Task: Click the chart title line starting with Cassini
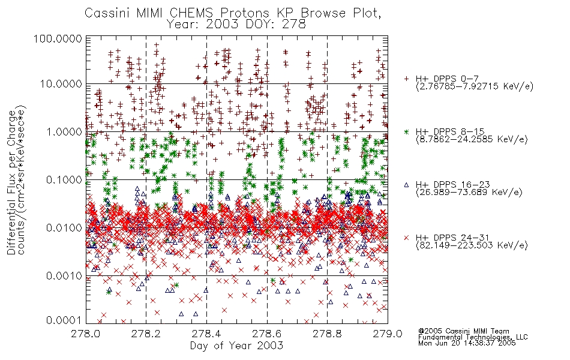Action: pos(233,13)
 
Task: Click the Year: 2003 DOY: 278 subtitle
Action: pos(236,25)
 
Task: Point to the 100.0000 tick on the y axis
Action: pos(58,38)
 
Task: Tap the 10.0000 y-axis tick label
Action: pos(61,84)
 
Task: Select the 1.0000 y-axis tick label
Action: pos(64,131)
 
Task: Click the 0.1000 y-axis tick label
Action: pos(64,179)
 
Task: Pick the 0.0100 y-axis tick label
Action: pos(64,228)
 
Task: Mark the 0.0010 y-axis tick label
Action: pos(64,276)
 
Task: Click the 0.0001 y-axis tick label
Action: pos(64,320)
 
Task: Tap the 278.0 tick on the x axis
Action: pos(85,334)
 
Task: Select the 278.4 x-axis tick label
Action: pos(206,334)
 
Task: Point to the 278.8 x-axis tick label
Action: pos(327,334)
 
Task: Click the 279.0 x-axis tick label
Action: pos(388,334)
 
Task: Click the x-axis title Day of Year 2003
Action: pos(236,346)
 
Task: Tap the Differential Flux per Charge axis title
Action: pos(12,182)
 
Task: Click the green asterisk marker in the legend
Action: pos(406,131)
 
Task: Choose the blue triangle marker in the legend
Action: pos(406,185)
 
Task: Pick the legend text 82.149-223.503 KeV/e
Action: pos(472,245)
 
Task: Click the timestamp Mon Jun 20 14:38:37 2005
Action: pos(467,343)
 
